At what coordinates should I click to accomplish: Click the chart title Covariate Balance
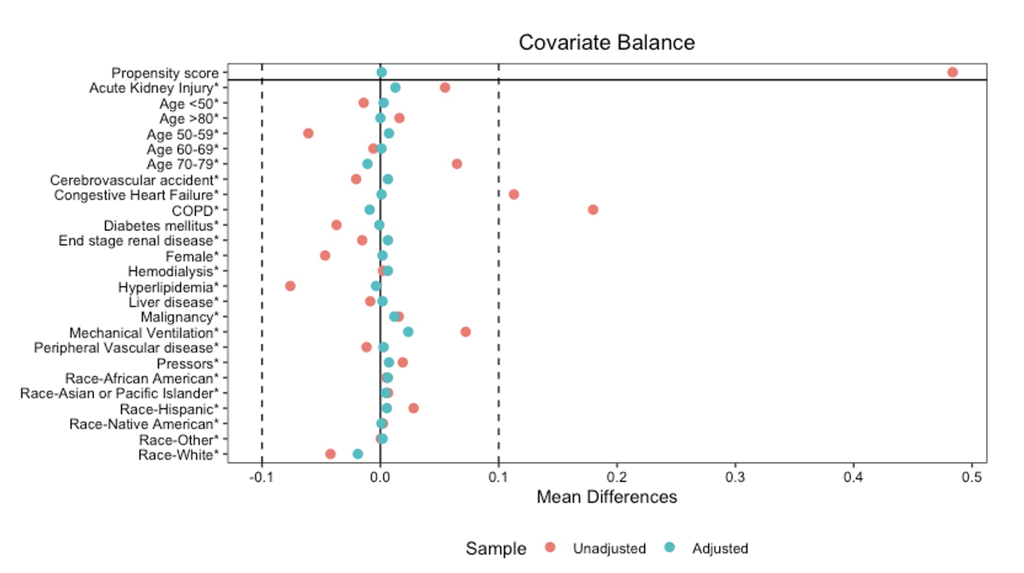pos(606,43)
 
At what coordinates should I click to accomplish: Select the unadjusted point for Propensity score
pos(952,72)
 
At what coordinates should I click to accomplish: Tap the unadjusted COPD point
pos(593,210)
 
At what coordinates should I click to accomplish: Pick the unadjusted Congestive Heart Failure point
pos(514,194)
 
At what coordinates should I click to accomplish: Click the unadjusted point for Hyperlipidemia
pos(290,286)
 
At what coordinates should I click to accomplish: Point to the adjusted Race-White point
pos(358,454)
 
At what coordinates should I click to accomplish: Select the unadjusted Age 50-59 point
pos(308,134)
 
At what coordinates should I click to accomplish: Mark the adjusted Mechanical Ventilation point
pos(408,332)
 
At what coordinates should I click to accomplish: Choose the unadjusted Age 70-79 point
pos(457,164)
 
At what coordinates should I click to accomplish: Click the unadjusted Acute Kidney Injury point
pos(445,88)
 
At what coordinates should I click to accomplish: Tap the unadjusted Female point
pos(325,256)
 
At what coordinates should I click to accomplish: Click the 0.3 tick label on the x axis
pos(735,477)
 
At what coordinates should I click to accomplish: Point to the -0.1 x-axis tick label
pos(261,477)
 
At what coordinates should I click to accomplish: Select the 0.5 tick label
pos(972,477)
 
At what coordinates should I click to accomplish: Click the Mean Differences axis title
pos(607,497)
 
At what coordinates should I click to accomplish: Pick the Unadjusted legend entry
pos(609,549)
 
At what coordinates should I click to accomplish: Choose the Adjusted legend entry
pos(720,549)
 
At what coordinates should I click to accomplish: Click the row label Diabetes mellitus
pos(161,226)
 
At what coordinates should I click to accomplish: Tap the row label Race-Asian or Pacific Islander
pos(119,393)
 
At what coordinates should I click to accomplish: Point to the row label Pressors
pos(187,363)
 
